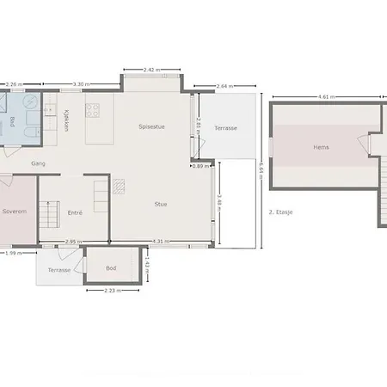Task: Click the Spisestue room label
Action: (151, 126)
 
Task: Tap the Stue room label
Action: (161, 204)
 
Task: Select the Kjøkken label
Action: (66, 120)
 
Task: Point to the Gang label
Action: (38, 163)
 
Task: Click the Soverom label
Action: (14, 210)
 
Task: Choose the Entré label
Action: (75, 211)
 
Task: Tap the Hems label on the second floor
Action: (321, 147)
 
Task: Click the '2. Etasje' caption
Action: (281, 211)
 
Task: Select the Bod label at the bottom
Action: (111, 267)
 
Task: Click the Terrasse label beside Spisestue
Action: (226, 128)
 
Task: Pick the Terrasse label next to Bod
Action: (59, 269)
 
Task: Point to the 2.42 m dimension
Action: (151, 69)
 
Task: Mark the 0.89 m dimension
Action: (199, 166)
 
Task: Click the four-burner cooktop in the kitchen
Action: (93, 110)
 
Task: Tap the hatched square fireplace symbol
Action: (119, 183)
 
